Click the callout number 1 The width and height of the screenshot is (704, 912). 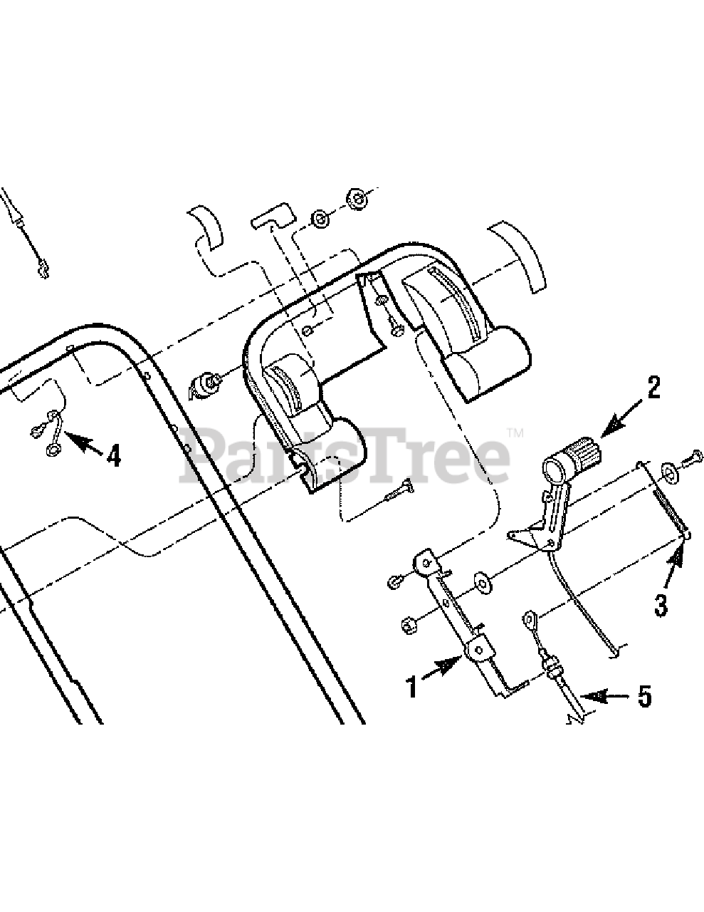(411, 688)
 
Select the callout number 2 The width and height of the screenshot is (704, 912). (653, 388)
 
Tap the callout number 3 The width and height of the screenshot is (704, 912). (661, 605)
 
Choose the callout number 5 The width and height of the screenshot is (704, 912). (643, 696)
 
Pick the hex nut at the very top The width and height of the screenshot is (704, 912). (356, 199)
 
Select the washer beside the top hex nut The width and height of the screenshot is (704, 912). (321, 219)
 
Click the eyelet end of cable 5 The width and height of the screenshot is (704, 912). (529, 617)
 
